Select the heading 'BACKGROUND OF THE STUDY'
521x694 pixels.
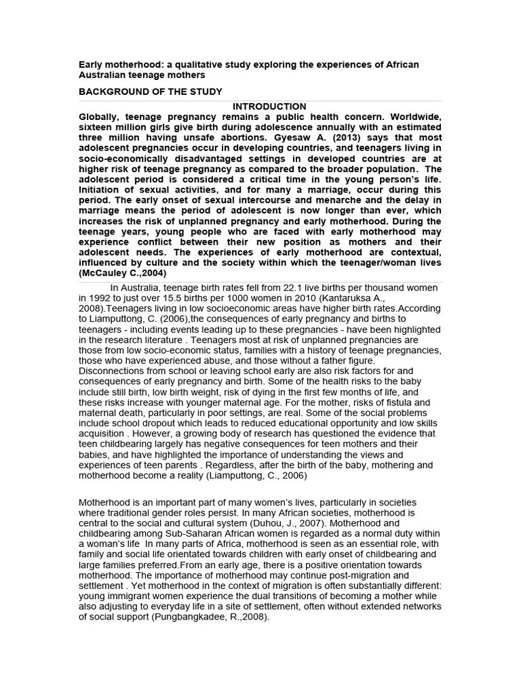[x=150, y=91]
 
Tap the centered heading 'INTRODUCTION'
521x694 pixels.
[x=269, y=106]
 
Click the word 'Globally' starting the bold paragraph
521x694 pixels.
[x=99, y=117]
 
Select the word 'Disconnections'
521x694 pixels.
[x=113, y=371]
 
